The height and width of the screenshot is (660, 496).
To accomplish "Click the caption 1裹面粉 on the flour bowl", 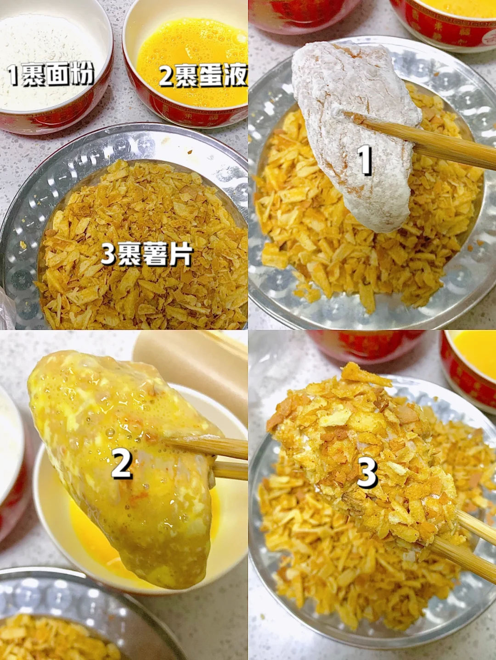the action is click(51, 75).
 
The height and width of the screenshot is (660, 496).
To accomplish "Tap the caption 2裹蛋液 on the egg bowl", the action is click(203, 76).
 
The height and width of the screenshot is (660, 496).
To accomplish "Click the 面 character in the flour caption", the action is click(59, 75).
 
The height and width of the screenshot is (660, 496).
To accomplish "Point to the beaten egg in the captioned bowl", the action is click(192, 60).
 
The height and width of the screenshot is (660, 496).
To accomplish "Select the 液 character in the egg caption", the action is click(237, 76).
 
